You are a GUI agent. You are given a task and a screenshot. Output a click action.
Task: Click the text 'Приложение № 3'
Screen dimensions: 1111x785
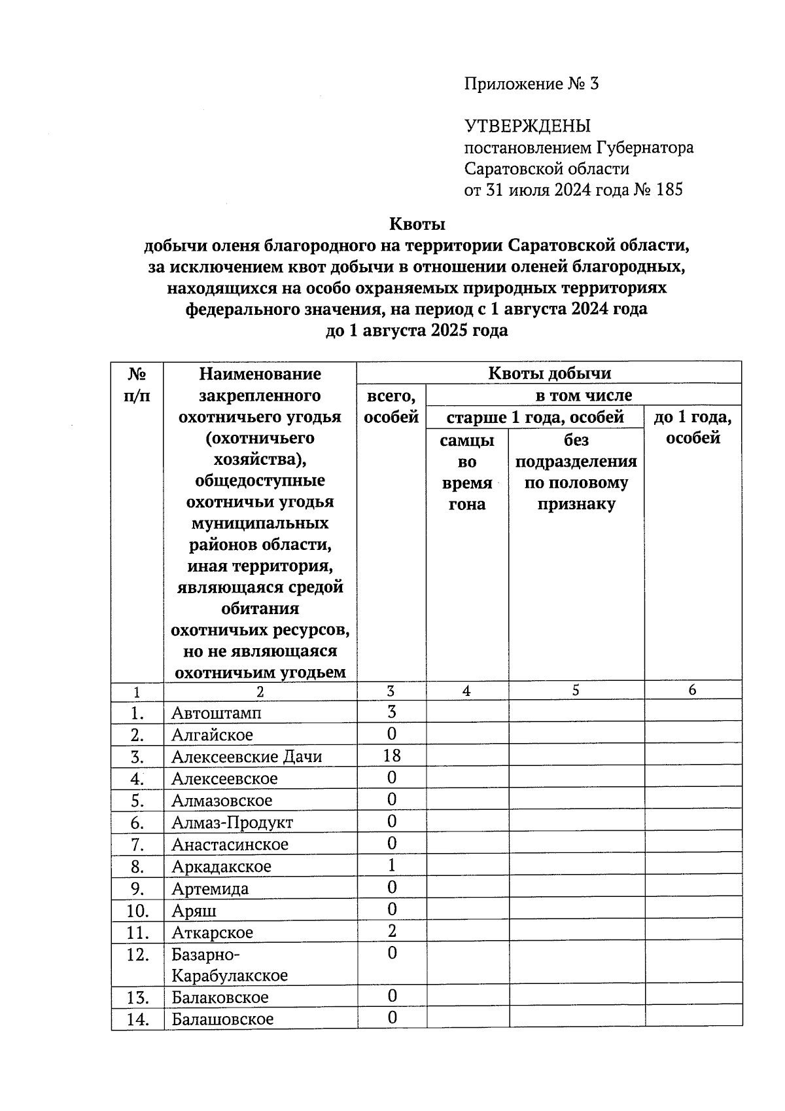pos(531,84)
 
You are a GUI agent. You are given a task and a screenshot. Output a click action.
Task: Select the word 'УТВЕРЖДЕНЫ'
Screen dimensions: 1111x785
pos(527,126)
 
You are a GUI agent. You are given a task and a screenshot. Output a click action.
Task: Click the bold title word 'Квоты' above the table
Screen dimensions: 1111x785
pos(417,224)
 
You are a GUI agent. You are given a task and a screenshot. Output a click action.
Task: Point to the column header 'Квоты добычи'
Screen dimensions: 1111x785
pos(549,373)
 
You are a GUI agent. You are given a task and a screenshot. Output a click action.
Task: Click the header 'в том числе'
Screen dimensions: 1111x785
pos(584,395)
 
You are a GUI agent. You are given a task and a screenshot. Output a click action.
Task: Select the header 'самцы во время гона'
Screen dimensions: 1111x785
pos(466,472)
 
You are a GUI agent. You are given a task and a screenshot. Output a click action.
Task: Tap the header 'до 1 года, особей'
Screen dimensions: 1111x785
pos(692,427)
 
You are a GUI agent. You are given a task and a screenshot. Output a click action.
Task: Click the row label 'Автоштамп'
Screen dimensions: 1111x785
pos(216,712)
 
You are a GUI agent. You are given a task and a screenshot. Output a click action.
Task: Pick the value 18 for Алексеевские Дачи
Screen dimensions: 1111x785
pos(391,756)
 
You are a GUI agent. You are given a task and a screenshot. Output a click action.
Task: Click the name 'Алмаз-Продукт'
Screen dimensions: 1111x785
pos(232,822)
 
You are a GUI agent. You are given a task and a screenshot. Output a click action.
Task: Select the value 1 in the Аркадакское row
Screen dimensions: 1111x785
pos(391,865)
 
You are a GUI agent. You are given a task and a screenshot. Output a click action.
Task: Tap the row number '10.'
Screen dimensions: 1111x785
pos(137,911)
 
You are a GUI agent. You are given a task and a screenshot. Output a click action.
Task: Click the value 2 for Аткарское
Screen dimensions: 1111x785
pos(391,931)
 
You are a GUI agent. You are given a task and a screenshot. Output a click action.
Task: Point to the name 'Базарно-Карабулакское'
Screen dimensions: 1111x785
pos(229,964)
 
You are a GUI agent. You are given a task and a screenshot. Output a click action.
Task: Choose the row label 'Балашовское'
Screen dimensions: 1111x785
pos(222,1019)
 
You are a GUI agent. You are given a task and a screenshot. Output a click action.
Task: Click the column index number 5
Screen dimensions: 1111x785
pos(576,690)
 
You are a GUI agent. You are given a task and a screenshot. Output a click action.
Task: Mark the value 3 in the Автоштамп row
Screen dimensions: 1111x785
pos(391,712)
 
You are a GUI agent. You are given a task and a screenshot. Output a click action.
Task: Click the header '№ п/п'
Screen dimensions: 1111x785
pos(137,384)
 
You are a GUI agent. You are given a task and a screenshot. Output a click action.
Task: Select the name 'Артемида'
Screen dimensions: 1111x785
pos(210,888)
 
